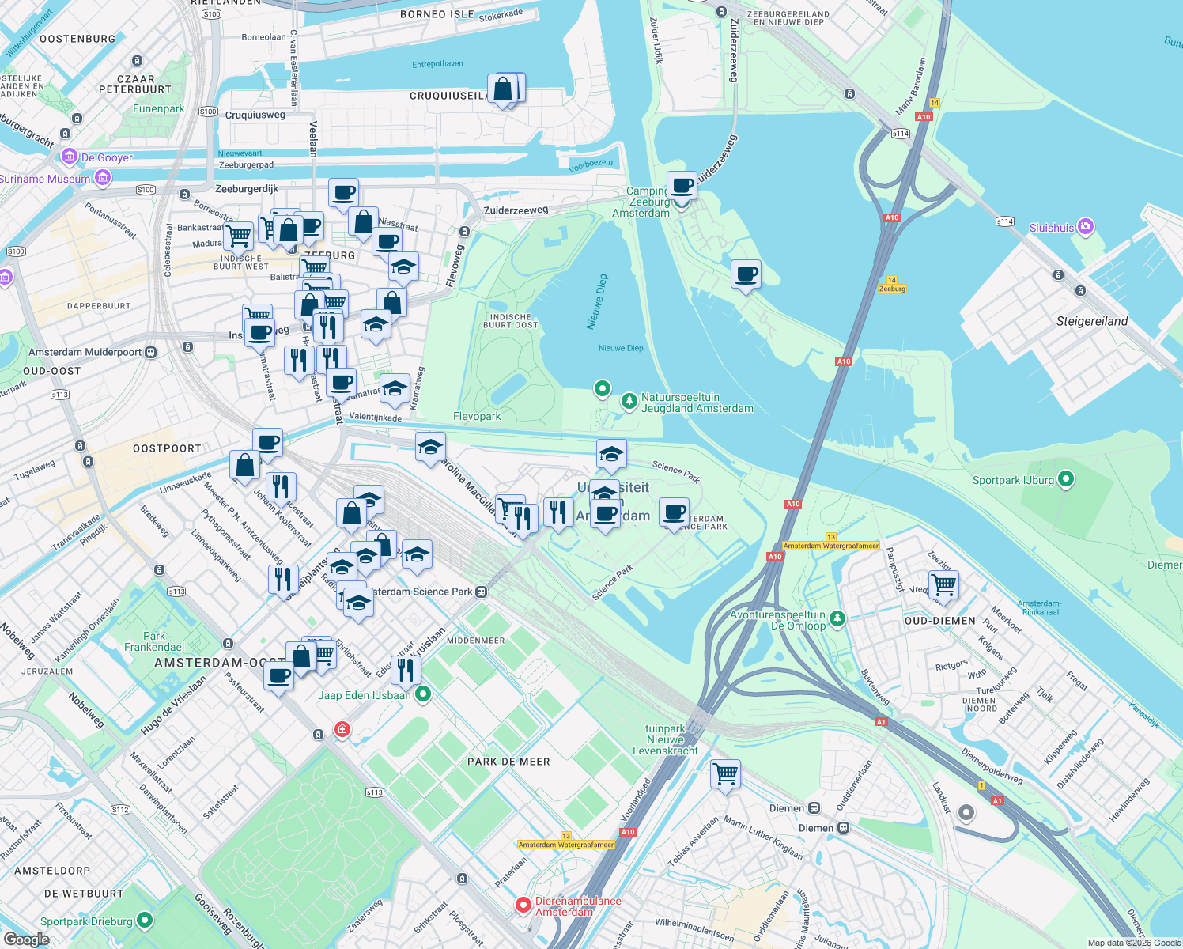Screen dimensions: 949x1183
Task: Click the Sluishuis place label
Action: tap(1052, 228)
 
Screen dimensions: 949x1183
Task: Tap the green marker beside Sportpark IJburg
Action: tap(1065, 479)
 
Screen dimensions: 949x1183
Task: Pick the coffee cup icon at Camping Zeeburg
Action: tap(682, 187)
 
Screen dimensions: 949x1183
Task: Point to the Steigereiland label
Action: tap(1091, 321)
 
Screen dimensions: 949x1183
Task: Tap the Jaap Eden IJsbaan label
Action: tap(364, 695)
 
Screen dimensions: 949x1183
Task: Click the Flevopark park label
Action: tap(477, 416)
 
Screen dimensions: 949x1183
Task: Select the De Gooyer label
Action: tap(107, 157)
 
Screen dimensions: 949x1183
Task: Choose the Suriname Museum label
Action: tap(45, 179)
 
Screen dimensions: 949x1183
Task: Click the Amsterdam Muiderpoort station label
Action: tap(85, 352)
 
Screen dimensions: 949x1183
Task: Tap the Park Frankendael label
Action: tap(154, 641)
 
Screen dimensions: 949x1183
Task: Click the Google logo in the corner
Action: tap(26, 939)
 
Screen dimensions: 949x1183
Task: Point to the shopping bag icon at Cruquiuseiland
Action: tap(503, 89)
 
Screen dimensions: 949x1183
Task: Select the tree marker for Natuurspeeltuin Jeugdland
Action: tap(629, 402)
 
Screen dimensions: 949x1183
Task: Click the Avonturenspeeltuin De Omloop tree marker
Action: tap(837, 618)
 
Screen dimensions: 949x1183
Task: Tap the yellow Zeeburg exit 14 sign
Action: tap(892, 285)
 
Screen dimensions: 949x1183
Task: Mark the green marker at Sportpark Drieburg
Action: tap(144, 921)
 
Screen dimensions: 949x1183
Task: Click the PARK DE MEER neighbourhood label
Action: tap(508, 762)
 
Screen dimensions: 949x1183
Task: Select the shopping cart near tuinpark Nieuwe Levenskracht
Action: tap(724, 773)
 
